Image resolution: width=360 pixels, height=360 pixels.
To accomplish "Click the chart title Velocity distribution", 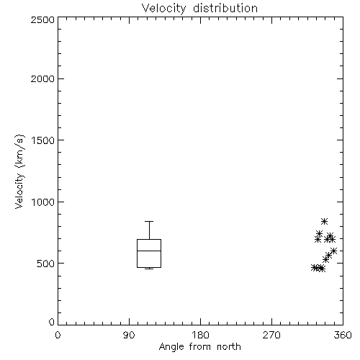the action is [199, 8].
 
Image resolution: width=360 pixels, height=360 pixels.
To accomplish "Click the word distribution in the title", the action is [225, 8].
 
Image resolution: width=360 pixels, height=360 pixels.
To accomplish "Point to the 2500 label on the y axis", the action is [42, 19].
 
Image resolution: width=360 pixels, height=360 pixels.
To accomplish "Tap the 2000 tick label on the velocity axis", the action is [42, 78].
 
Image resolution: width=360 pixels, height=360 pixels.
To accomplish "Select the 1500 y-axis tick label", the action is [43, 140].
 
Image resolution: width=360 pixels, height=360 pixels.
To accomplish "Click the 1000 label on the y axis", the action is [43, 202].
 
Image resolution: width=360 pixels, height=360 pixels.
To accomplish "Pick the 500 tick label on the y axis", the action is [46, 264].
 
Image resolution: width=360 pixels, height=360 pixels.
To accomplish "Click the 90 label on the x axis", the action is [129, 335].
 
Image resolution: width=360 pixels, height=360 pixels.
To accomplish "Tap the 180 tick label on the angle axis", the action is [200, 335].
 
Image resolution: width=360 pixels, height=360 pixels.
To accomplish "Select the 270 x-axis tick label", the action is [271, 335].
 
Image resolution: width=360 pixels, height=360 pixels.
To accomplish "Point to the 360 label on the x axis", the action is [343, 335].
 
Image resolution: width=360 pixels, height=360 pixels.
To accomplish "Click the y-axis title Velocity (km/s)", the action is [19, 171].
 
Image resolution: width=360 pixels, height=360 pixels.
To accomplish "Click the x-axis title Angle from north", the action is [200, 347].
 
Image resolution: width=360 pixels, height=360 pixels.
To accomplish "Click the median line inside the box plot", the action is [149, 251].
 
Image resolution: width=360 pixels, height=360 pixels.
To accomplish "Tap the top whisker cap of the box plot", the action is [149, 221].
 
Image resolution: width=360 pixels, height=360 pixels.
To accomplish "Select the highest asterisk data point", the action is [324, 221].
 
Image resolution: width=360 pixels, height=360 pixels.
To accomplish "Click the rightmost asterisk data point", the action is [334, 251].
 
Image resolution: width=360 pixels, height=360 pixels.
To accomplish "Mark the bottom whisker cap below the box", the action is [149, 269].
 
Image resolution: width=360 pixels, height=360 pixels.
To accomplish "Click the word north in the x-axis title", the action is [229, 347].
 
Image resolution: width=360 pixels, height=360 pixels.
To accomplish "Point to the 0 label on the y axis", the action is [52, 322].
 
